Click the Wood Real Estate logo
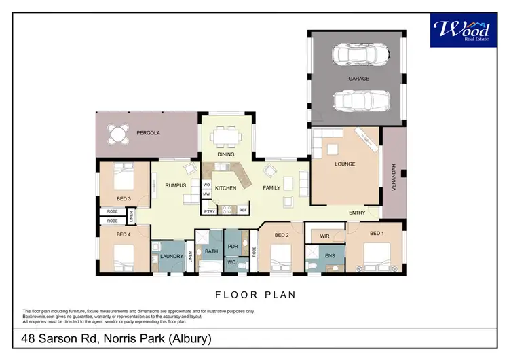(x=461, y=30)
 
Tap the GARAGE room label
(x=359, y=79)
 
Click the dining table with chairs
(x=227, y=137)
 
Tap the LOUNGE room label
(x=345, y=164)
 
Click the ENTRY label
(x=357, y=213)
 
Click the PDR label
(x=231, y=245)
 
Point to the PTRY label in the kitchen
(x=209, y=211)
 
